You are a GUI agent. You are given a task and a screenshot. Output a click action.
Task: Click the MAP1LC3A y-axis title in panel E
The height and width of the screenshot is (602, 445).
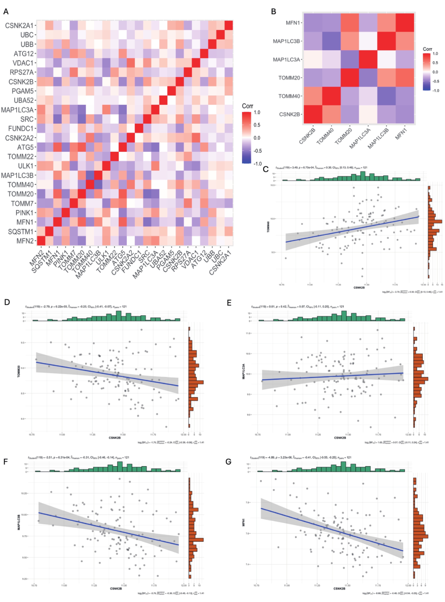pos(244,372)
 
